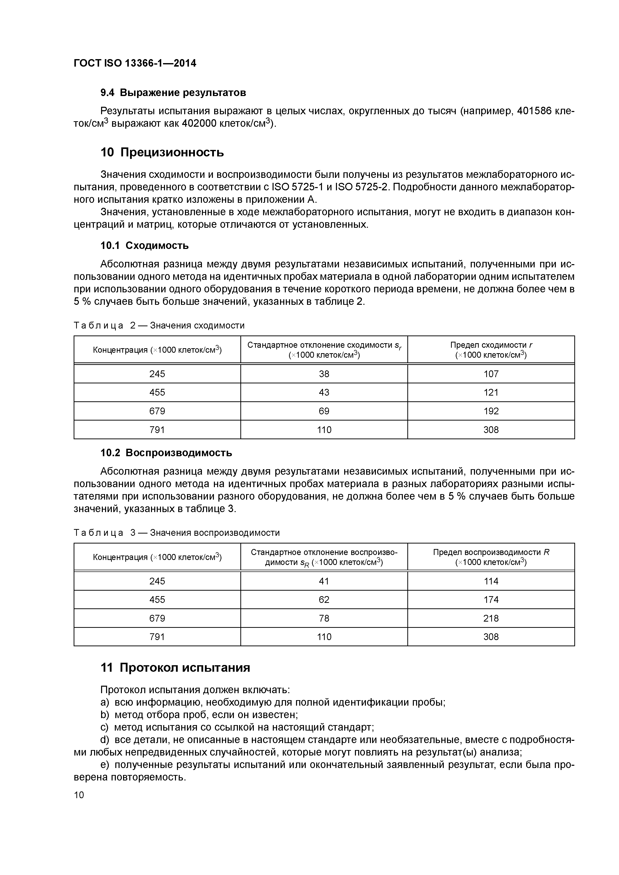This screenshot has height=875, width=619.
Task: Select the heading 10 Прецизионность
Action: click(x=162, y=152)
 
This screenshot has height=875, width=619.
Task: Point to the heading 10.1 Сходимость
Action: click(x=145, y=245)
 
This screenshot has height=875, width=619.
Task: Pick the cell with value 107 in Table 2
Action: click(x=491, y=374)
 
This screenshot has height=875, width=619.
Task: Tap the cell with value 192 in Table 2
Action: click(x=491, y=411)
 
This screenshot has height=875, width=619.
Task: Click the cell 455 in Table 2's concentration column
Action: click(x=157, y=393)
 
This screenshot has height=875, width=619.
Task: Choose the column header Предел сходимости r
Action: click(x=491, y=349)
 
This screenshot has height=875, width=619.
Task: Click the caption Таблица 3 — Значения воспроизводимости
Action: click(x=176, y=533)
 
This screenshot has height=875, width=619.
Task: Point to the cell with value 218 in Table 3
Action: click(x=491, y=618)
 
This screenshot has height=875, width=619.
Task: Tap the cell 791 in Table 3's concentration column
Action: click(x=157, y=637)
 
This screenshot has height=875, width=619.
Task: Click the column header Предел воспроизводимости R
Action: click(x=491, y=557)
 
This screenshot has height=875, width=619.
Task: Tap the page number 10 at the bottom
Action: click(x=79, y=795)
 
